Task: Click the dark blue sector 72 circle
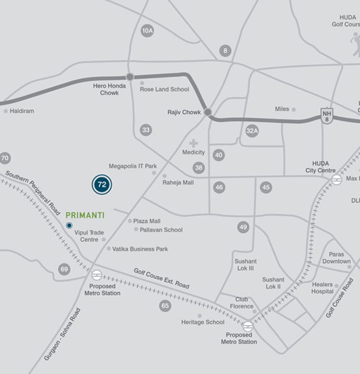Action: (101, 184)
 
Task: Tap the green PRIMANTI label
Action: (85, 213)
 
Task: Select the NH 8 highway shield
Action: (327, 115)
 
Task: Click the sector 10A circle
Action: (148, 31)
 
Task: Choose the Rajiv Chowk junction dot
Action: (208, 113)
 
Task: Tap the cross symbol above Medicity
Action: (193, 143)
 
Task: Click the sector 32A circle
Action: (252, 131)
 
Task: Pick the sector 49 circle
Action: (243, 227)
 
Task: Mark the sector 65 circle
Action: (165, 306)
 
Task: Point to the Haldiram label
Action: (22, 111)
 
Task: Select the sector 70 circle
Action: (5, 158)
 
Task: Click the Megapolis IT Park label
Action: (133, 166)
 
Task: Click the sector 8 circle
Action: (225, 51)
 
